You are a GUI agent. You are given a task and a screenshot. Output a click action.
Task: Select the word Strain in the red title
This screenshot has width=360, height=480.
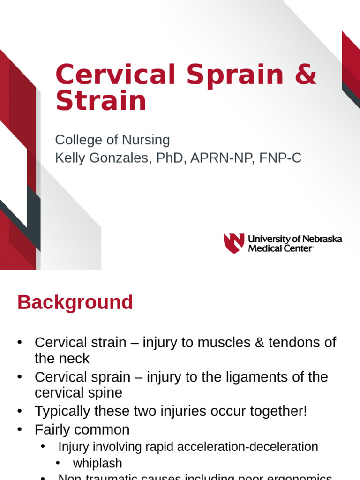coord(101,101)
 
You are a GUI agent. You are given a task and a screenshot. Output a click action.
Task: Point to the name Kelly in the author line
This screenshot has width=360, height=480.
coord(68,158)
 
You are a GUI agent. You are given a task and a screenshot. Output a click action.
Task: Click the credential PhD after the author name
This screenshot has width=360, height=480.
coord(168,158)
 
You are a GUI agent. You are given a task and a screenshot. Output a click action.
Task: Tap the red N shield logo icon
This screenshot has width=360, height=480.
coord(234,243)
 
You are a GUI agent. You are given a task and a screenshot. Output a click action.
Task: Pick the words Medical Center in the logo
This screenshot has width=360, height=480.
coord(280,248)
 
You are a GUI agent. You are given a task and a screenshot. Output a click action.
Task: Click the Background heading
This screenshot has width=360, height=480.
coord(75,302)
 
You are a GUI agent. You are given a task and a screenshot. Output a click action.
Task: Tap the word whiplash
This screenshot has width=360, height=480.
coord(97,463)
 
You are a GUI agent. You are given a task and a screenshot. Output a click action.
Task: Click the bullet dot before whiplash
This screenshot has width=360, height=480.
coord(58,463)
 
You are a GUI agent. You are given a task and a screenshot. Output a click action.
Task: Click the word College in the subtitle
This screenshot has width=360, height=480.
coord(77,140)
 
